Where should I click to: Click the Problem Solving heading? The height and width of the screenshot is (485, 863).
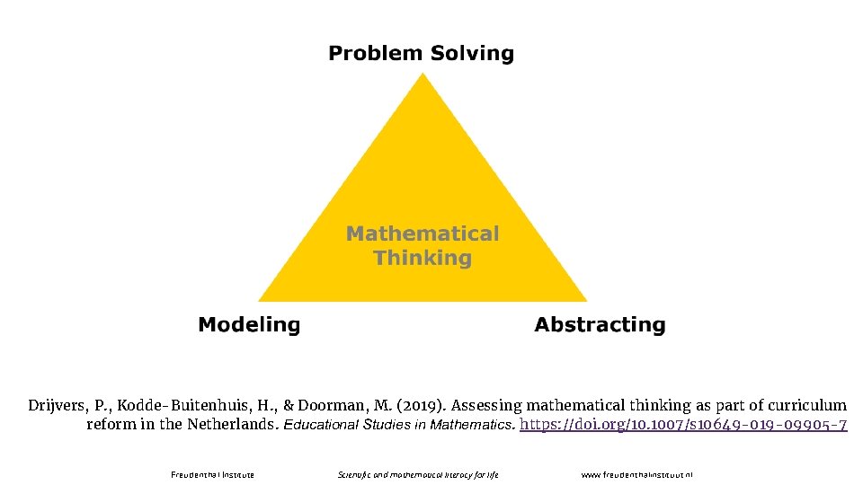pyautogui.click(x=421, y=54)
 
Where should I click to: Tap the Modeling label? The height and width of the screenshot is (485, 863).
pyautogui.click(x=249, y=325)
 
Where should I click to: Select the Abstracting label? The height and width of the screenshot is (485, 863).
pyautogui.click(x=600, y=325)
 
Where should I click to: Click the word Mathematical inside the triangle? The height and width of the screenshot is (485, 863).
pyautogui.click(x=423, y=234)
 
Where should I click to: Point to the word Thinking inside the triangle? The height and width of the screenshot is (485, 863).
pyautogui.click(x=423, y=259)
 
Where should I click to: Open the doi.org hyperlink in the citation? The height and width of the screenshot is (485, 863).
pyautogui.click(x=683, y=424)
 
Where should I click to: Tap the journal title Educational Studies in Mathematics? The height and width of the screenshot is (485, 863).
pyautogui.click(x=399, y=424)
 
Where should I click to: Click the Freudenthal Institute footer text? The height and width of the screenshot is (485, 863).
pyautogui.click(x=212, y=474)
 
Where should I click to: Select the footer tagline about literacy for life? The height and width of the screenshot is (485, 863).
pyautogui.click(x=418, y=474)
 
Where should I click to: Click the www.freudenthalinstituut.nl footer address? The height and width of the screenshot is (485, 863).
pyautogui.click(x=637, y=474)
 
